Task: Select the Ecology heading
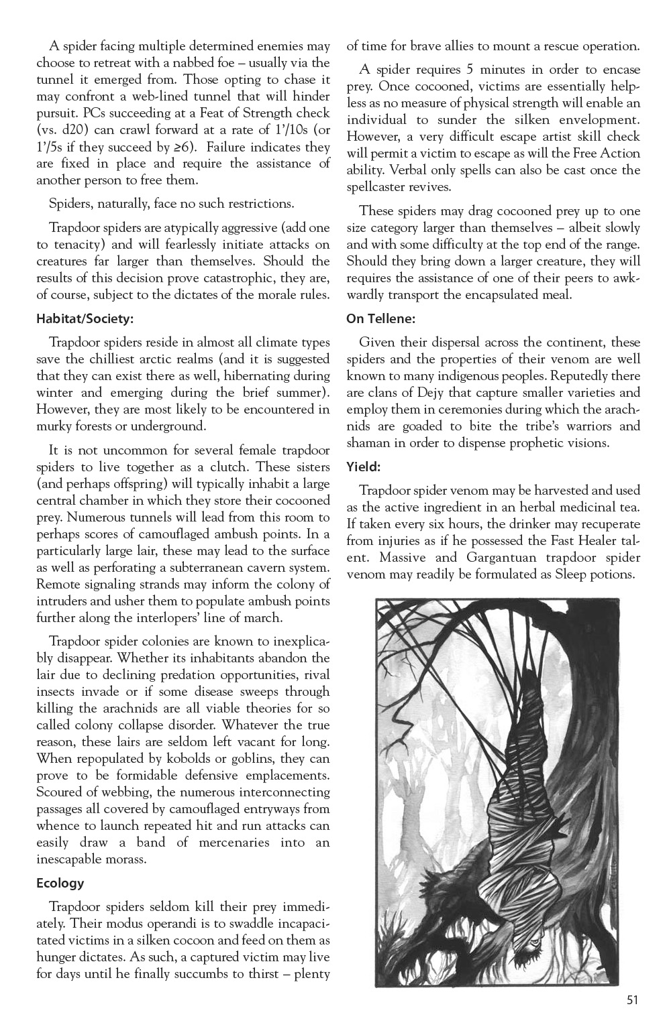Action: tap(60, 883)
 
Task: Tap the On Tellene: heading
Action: tap(381, 318)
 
